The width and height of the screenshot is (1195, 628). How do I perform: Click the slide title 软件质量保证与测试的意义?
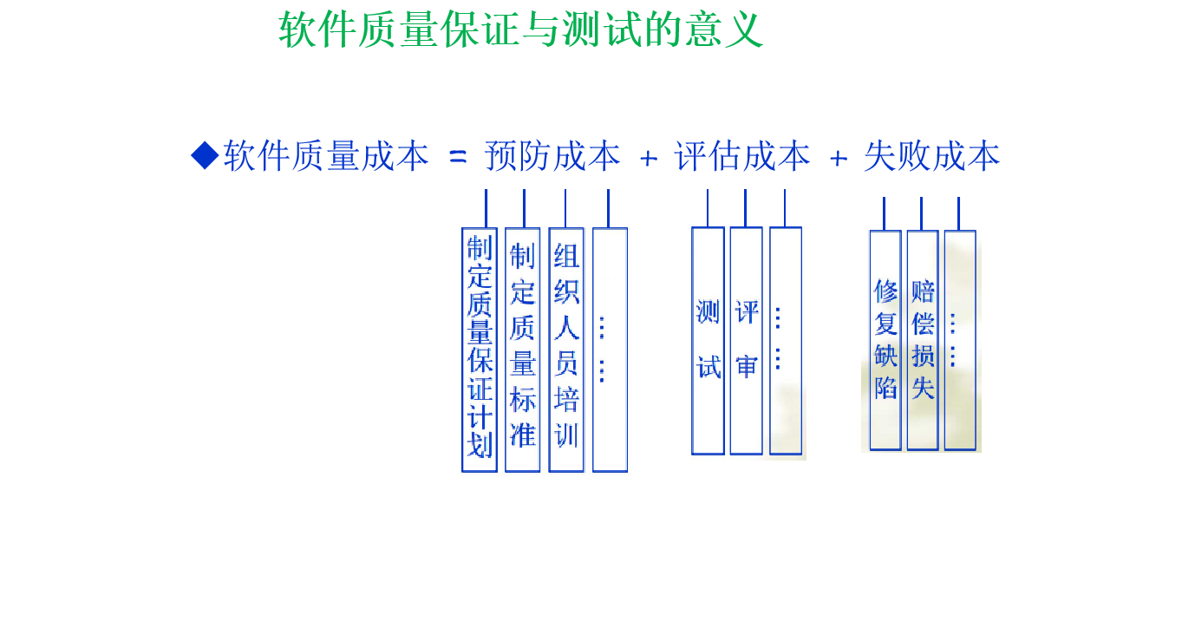click(x=520, y=30)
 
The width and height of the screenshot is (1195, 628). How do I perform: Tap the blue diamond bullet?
click(x=206, y=156)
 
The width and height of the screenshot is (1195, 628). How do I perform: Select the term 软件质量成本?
click(x=326, y=157)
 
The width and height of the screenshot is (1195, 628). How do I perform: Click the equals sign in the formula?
click(x=458, y=157)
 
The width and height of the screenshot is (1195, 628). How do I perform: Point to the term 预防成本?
click(x=552, y=157)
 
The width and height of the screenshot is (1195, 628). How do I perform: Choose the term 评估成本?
click(x=742, y=157)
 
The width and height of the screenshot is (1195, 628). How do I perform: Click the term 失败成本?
click(x=932, y=157)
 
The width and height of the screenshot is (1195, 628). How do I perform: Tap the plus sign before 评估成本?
click(x=648, y=158)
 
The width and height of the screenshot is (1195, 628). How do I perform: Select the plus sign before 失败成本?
click(x=838, y=158)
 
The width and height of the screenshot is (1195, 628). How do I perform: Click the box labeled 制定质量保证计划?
click(x=480, y=350)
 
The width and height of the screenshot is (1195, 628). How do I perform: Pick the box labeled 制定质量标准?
click(x=523, y=350)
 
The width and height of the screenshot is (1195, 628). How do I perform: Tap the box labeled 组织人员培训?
click(x=566, y=350)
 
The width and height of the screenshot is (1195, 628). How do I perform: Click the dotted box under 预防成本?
click(x=610, y=350)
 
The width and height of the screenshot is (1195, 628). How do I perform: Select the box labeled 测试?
click(x=708, y=340)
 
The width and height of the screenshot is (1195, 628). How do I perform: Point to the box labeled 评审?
click(x=746, y=340)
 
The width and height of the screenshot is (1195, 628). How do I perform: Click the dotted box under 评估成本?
click(x=786, y=340)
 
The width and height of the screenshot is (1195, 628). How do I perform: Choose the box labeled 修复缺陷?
click(x=885, y=340)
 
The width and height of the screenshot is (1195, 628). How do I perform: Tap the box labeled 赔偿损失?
click(x=923, y=340)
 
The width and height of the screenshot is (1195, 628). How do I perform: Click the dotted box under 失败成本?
click(x=960, y=340)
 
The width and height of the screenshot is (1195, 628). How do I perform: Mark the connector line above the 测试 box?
click(x=708, y=208)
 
